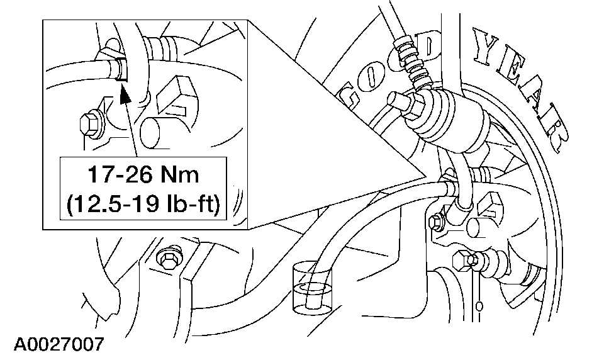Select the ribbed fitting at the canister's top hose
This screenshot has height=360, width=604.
(x=411, y=64)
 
